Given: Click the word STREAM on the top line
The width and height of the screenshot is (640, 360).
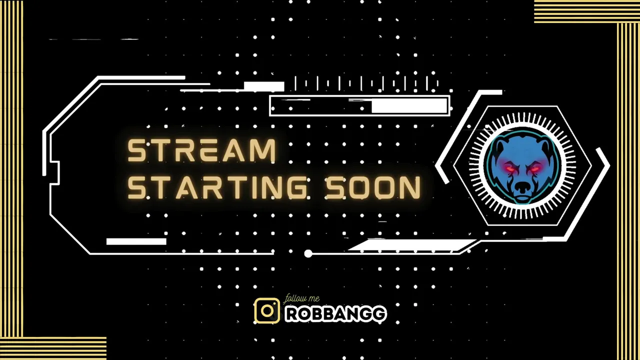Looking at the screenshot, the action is (x=201, y=150).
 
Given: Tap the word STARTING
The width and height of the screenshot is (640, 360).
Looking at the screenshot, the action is (x=217, y=187).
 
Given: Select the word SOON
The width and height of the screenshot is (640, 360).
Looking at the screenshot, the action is (x=373, y=187).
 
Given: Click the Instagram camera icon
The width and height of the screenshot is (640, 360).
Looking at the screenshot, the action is (x=267, y=311).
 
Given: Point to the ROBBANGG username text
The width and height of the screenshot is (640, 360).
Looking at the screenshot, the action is (x=336, y=314).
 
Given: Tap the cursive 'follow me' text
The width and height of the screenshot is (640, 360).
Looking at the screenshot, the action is (x=301, y=299).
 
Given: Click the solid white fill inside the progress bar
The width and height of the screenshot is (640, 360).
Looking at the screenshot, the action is (x=409, y=105).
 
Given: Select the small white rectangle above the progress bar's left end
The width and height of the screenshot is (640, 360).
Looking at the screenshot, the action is (x=264, y=86).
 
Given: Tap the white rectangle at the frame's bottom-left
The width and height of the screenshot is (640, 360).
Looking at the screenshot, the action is (x=136, y=241).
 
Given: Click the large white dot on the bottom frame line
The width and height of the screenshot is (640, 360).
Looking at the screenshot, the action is (x=308, y=253).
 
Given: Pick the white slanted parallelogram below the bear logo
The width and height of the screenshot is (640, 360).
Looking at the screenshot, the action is (x=411, y=245).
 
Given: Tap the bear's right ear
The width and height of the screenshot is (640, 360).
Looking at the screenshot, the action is (x=545, y=146).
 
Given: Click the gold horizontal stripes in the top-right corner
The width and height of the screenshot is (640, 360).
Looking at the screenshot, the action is (x=587, y=11).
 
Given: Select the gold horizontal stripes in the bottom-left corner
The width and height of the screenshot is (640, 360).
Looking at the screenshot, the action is (x=53, y=348).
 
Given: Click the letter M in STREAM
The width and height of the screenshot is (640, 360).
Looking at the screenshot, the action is (x=263, y=150).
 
